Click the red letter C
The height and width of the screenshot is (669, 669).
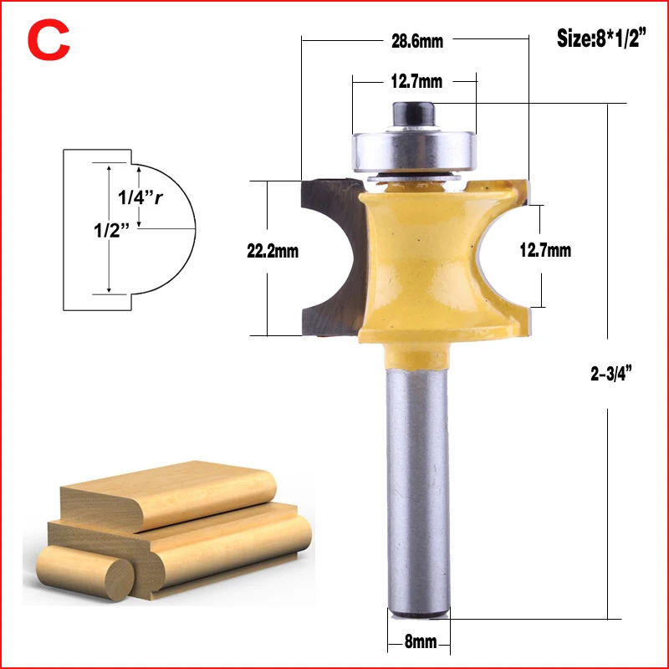pos(49,39)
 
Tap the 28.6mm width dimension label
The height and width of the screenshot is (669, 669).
pos(417,41)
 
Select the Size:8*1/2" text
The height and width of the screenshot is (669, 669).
pos(601,38)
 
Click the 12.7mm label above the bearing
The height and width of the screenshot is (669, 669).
pos(416,81)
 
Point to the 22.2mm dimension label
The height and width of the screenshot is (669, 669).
pos(273,251)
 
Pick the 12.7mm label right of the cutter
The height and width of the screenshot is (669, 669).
pos(545,250)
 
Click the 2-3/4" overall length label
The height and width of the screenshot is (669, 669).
pos(610,374)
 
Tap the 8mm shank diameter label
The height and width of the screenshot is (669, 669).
pos(421,641)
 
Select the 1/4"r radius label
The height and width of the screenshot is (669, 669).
pos(140,197)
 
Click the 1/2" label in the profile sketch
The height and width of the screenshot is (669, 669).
pos(111,231)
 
